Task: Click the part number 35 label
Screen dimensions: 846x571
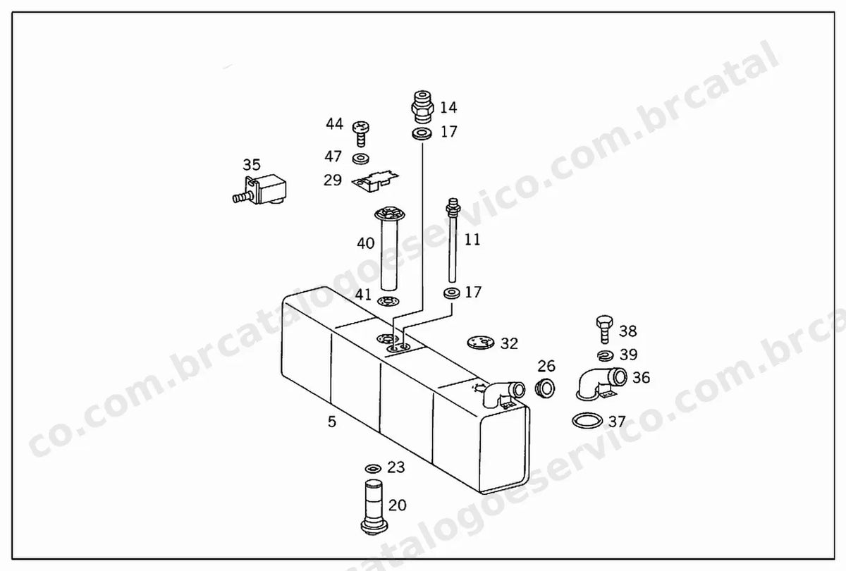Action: (x=252, y=165)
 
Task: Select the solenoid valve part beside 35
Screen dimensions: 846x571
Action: (x=260, y=190)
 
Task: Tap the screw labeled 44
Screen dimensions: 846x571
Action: (x=361, y=134)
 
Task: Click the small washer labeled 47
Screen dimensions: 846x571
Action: (x=361, y=159)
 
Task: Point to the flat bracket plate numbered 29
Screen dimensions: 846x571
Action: (x=375, y=180)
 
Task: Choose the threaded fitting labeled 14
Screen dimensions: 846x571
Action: (x=422, y=107)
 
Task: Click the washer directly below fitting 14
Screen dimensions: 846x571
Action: (x=422, y=134)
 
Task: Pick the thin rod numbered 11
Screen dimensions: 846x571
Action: (x=453, y=240)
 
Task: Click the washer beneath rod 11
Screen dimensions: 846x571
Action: (x=451, y=293)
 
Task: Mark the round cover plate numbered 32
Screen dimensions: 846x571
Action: (x=480, y=342)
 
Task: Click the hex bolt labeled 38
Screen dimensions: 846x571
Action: (x=604, y=329)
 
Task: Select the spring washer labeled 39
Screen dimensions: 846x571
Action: (x=605, y=355)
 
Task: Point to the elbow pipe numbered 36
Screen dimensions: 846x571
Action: (x=601, y=383)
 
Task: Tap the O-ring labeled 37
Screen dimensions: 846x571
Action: (x=587, y=421)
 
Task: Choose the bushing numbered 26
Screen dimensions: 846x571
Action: (x=546, y=388)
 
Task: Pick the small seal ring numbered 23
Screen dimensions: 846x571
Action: (x=373, y=469)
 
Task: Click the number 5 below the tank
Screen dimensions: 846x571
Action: (x=331, y=422)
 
